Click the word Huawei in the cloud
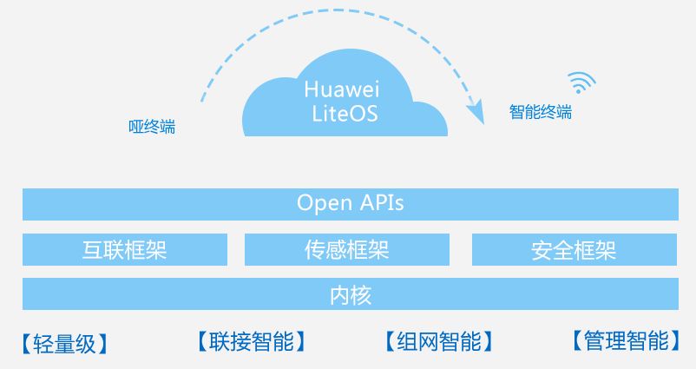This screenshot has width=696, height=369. tap(343, 89)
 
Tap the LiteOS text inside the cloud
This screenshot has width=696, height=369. tap(344, 114)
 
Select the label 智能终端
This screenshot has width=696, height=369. tap(541, 112)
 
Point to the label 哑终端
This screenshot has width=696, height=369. tap(152, 127)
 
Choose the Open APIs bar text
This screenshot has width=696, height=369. tap(350, 203)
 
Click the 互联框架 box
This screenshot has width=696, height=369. tap(125, 249)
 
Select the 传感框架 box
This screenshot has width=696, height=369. tap(347, 249)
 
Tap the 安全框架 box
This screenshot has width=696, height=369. tap(575, 249)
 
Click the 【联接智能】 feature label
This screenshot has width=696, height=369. tap(251, 340)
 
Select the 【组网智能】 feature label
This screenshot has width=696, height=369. tap(438, 340)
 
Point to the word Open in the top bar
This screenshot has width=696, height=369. tap(325, 203)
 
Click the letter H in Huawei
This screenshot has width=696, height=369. tap(310, 89)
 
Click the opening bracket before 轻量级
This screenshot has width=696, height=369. tap(27, 343)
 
